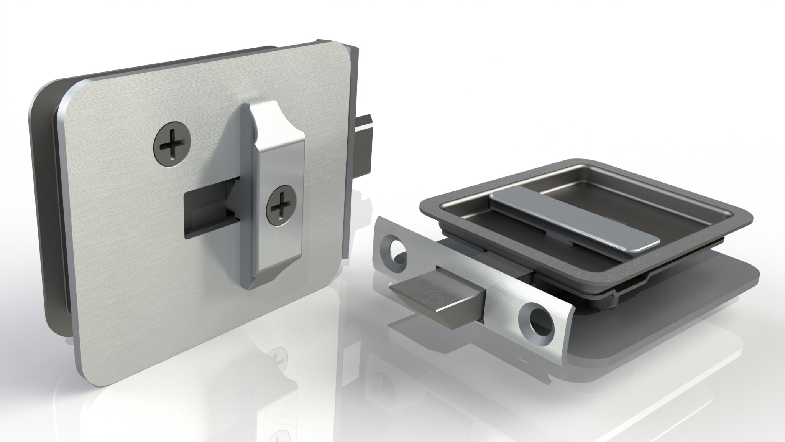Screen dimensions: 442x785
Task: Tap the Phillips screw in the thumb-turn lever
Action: coord(281,205)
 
